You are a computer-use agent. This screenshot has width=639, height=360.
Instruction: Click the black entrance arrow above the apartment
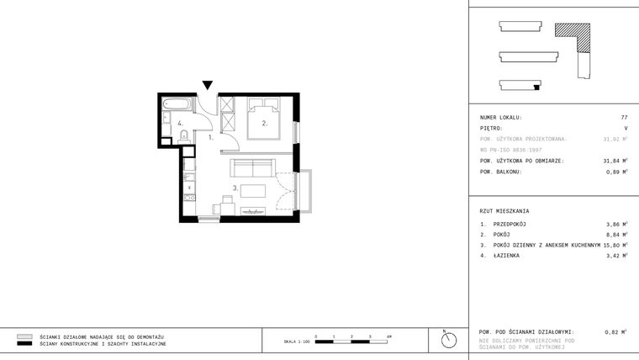(x=208, y=85)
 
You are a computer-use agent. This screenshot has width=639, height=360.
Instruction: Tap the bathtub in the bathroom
(x=177, y=105)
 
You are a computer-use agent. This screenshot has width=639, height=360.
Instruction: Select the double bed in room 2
(x=264, y=115)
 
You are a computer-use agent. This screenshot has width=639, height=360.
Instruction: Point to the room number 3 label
(x=235, y=188)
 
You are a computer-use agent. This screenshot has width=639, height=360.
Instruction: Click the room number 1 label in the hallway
(x=211, y=136)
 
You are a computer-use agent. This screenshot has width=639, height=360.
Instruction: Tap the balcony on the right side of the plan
(x=304, y=190)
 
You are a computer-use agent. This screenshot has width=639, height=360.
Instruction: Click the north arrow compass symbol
(x=449, y=339)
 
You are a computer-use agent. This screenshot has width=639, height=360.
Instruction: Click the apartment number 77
(x=624, y=118)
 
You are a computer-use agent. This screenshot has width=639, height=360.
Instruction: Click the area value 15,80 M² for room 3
(x=615, y=245)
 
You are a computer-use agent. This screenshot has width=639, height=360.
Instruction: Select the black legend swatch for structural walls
(x=24, y=344)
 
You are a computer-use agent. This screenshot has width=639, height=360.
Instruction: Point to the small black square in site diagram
(x=536, y=87)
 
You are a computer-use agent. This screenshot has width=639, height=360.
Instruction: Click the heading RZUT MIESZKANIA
(x=504, y=211)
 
